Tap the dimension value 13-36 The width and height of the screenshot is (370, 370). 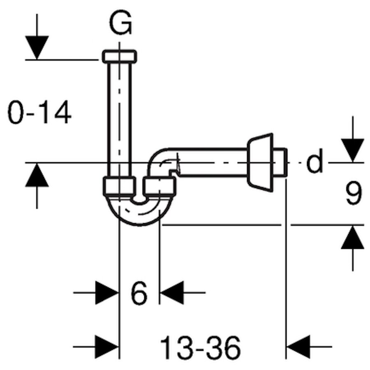(200, 347)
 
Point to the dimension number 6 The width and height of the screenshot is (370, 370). (139, 293)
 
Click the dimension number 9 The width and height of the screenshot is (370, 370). (353, 194)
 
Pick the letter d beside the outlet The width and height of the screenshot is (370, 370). (314, 162)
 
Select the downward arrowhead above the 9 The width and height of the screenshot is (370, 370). (353, 150)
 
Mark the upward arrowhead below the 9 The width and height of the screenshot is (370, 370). (353, 238)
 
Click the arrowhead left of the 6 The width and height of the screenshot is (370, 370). (106, 293)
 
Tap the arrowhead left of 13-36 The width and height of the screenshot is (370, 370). (106, 347)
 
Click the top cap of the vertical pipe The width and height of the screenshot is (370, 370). (120, 56)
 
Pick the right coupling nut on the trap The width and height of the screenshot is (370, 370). (160, 186)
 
